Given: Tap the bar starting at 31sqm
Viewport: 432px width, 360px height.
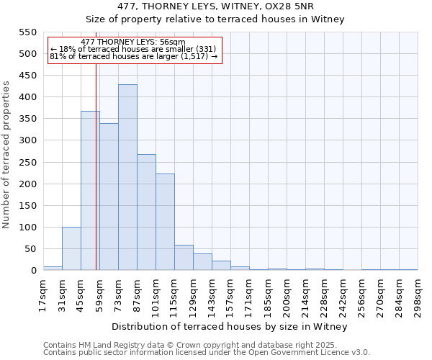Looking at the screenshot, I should [71, 248].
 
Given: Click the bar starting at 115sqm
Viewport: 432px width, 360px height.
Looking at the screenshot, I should [184, 258].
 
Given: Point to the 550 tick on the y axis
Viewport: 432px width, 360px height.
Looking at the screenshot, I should [27, 32].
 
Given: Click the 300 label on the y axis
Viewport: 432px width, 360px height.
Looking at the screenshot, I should [27, 140].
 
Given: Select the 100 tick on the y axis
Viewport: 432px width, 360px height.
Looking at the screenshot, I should [27, 228].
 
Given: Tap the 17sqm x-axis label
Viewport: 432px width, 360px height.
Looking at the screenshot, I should [43, 294].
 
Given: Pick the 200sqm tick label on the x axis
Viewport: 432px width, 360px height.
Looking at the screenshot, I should [287, 296].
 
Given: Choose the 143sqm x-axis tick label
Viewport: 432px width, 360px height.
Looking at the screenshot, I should [212, 294].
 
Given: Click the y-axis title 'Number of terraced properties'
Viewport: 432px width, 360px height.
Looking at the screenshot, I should [6, 154].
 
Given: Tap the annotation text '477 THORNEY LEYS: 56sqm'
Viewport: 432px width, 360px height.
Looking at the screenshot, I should [133, 42].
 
